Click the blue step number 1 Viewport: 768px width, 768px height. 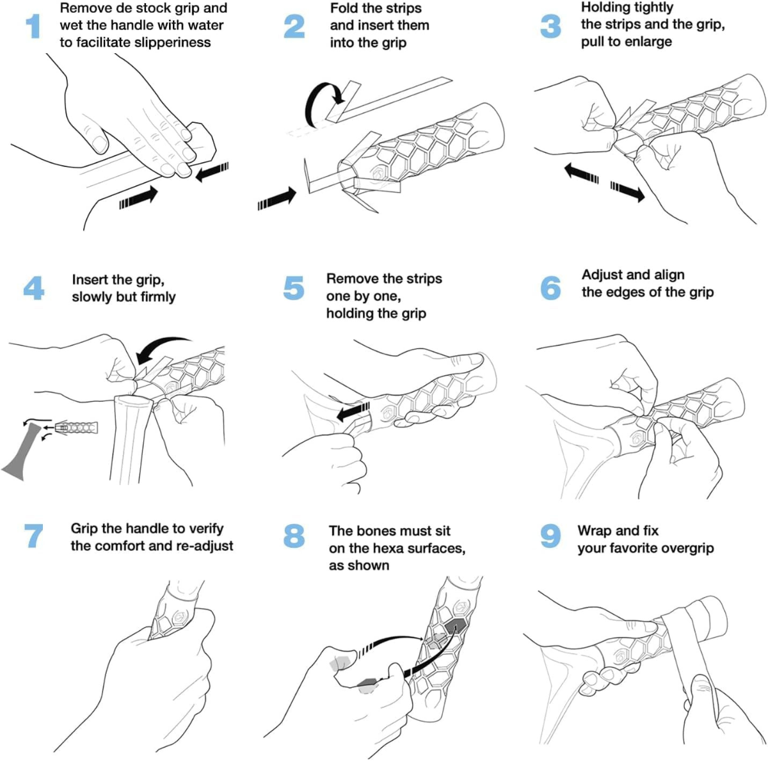33,26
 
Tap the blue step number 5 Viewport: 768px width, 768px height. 294,288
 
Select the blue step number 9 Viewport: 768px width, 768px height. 550,536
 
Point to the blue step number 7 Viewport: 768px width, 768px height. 33,536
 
